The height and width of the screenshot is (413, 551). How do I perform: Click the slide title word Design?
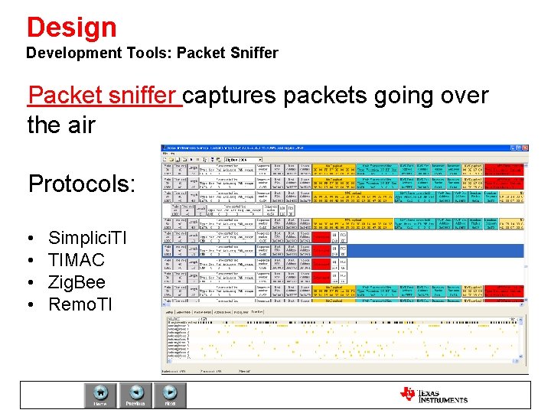71,27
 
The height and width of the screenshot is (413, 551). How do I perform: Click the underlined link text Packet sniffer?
104,96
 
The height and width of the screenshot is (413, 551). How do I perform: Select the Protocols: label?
81,184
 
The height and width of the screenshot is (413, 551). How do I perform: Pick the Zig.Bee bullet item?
77,282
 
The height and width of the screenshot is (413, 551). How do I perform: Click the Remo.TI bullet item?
80,304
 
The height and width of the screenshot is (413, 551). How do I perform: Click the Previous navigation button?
135,393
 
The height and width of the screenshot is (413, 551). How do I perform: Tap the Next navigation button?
170,393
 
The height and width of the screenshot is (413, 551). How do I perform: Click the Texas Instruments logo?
433,394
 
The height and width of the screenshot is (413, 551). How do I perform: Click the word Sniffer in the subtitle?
252,54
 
